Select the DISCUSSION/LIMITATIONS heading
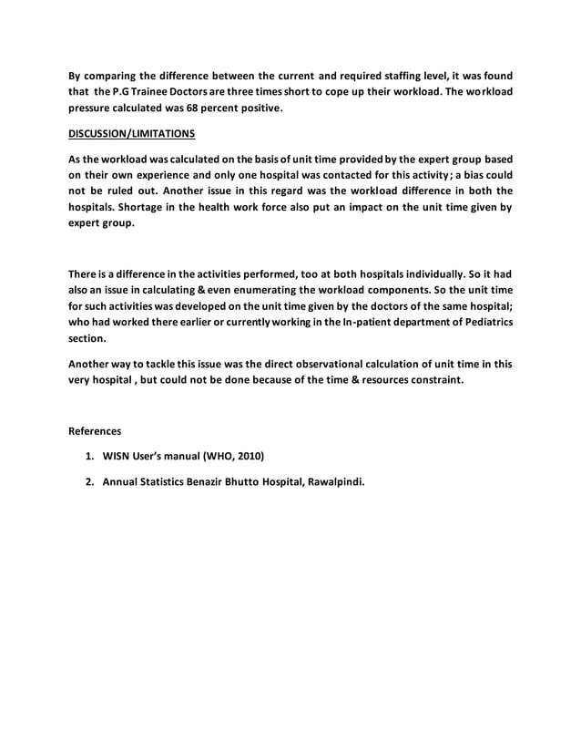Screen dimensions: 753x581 tap(132, 134)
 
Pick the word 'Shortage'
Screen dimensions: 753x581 tap(191, 207)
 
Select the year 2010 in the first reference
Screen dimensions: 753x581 tap(247, 455)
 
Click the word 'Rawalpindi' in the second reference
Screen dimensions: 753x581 tap(331, 480)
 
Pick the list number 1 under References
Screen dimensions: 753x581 tap(89, 455)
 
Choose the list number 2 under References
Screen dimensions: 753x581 tap(89, 480)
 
